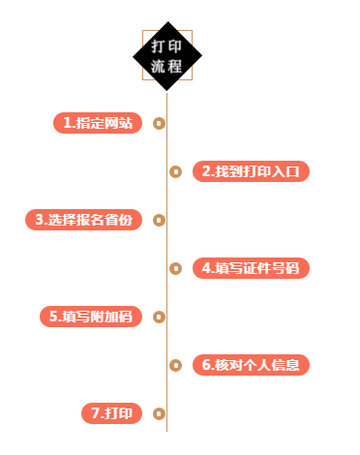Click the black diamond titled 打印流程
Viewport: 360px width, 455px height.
click(166, 56)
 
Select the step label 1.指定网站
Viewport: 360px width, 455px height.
click(98, 123)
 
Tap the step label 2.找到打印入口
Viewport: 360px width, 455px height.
click(251, 171)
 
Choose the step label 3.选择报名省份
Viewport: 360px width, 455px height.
click(83, 220)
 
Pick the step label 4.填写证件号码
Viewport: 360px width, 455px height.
click(251, 268)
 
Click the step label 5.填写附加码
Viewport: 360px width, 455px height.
click(90, 317)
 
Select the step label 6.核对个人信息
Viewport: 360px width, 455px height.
click(251, 365)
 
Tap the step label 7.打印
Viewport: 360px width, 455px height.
click(111, 413)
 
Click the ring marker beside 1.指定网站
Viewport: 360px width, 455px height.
click(159, 123)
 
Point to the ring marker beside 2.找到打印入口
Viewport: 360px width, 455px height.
click(175, 171)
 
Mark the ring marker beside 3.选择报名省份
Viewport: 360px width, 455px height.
click(159, 220)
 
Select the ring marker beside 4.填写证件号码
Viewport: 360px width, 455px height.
click(175, 268)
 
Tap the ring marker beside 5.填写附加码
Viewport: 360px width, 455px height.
click(159, 317)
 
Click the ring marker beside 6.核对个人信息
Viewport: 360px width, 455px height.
click(175, 365)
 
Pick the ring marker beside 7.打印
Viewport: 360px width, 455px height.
click(159, 413)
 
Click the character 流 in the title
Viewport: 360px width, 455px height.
click(158, 67)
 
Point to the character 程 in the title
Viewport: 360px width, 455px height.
click(175, 67)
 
